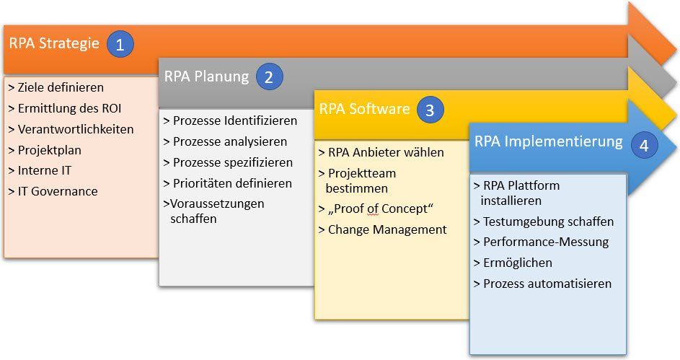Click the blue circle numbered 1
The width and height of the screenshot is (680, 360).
click(x=120, y=45)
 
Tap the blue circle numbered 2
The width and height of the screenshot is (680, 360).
click(x=268, y=77)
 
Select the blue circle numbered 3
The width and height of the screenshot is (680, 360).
click(x=430, y=110)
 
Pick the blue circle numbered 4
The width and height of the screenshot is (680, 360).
click(x=644, y=144)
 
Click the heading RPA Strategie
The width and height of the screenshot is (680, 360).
click(x=54, y=43)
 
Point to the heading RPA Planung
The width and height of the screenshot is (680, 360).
click(x=206, y=76)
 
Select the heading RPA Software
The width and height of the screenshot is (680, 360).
click(x=364, y=109)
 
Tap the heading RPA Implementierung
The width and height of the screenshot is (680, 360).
click(x=548, y=141)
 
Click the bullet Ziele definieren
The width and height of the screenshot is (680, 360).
click(x=57, y=87)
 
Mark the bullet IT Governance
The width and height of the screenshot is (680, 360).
click(x=53, y=191)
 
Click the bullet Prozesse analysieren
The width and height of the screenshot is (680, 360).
click(x=226, y=141)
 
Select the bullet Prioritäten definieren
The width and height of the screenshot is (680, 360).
click(x=228, y=183)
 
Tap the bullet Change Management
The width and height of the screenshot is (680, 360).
click(x=383, y=229)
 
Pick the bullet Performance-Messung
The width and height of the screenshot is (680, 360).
click(x=541, y=242)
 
